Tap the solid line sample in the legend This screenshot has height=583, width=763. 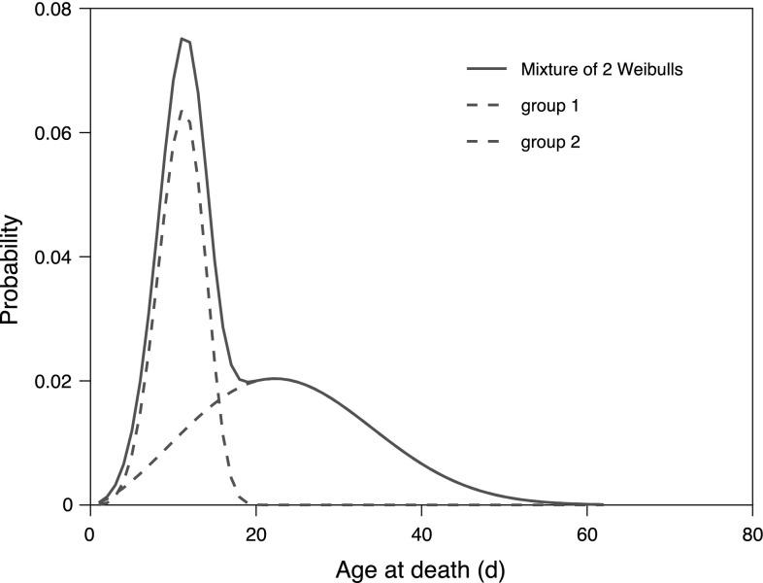[x=487, y=69]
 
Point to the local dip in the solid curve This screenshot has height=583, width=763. [x=248, y=382]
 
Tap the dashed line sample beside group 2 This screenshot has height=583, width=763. [x=487, y=143]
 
